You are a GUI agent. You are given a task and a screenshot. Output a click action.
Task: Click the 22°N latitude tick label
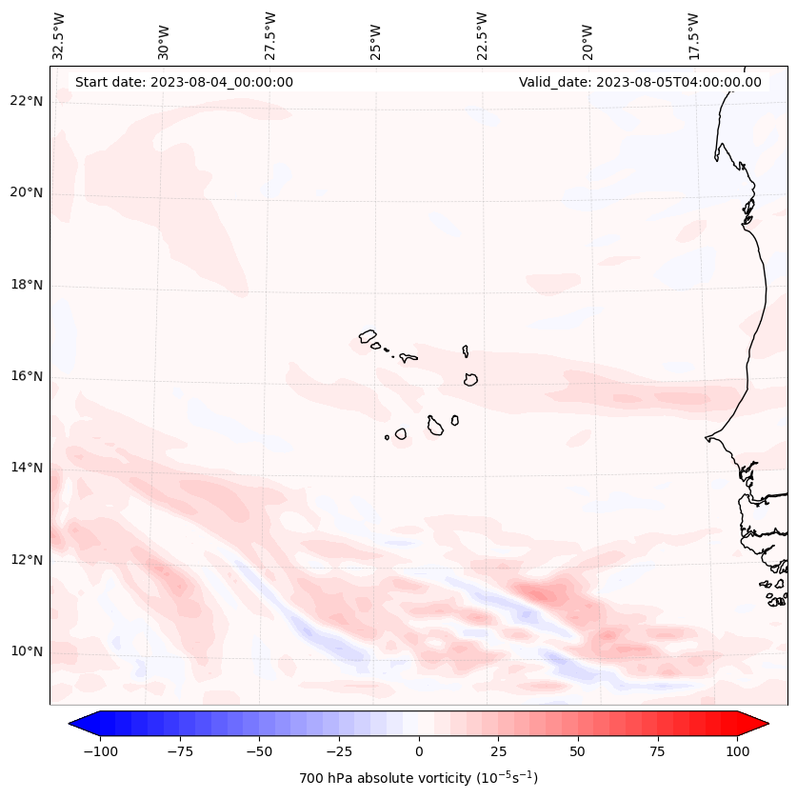pyautogui.click(x=27, y=102)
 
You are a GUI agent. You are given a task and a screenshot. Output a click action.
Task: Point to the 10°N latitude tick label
pyautogui.click(x=27, y=652)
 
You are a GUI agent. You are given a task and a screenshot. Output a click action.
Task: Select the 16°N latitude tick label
pyautogui.click(x=27, y=377)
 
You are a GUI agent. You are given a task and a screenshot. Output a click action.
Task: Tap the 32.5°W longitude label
pyautogui.click(x=59, y=35)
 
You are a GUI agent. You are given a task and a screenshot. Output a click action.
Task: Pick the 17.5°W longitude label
pyautogui.click(x=693, y=35)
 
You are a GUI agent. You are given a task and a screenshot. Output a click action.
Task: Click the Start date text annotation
pyautogui.click(x=184, y=82)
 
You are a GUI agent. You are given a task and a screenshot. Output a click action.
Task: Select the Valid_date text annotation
pyautogui.click(x=640, y=82)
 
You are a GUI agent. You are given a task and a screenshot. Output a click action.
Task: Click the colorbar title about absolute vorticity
pyautogui.click(x=418, y=778)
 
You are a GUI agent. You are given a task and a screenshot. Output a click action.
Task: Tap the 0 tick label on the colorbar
pyautogui.click(x=419, y=751)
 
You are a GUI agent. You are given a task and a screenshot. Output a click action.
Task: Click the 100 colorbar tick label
pyautogui.click(x=738, y=751)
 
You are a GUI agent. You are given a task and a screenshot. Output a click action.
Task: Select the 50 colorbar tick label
pyautogui.click(x=578, y=751)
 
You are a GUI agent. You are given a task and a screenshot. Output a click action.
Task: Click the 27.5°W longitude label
pyautogui.click(x=270, y=35)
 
